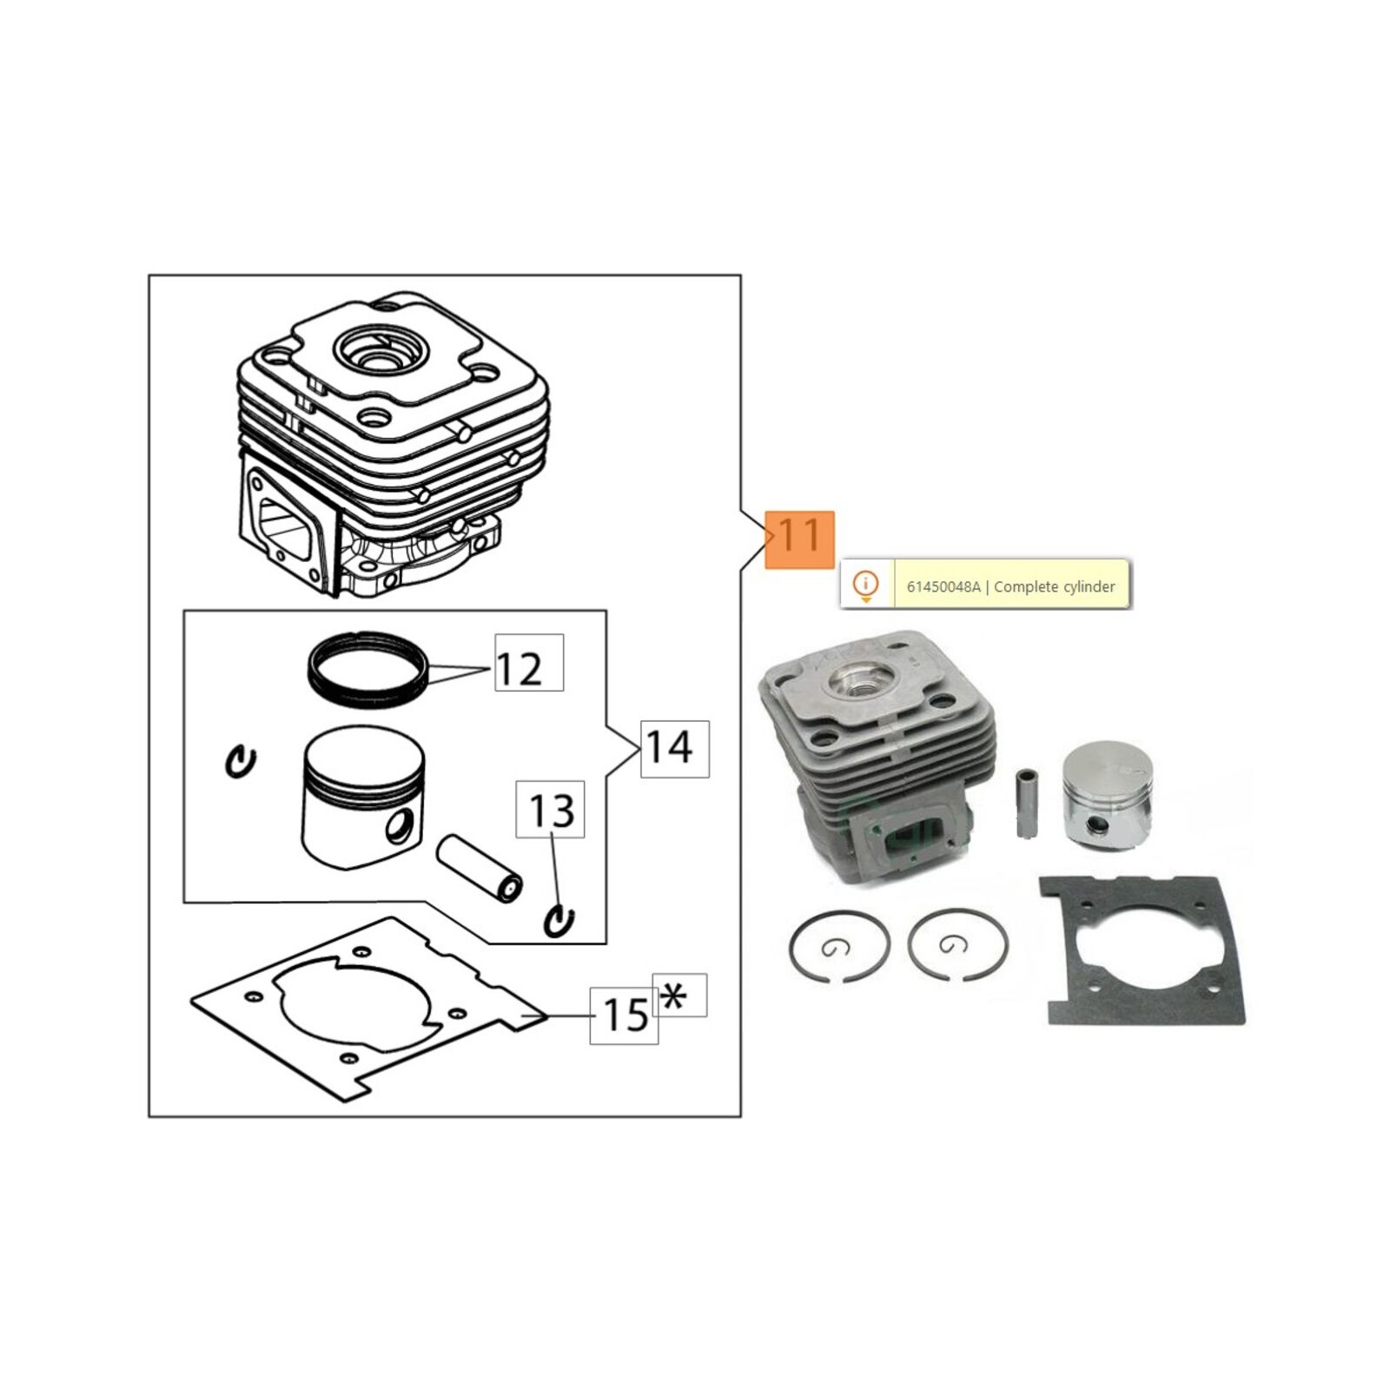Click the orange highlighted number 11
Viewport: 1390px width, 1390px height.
click(799, 539)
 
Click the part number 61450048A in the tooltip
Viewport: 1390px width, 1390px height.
click(943, 586)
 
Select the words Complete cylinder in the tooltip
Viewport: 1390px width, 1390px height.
click(1054, 586)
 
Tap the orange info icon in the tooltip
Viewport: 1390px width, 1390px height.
click(865, 584)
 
